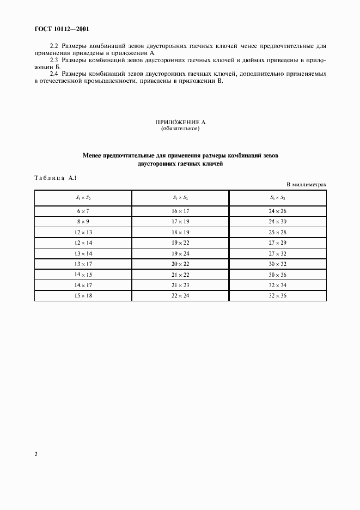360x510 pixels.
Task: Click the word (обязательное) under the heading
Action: pos(180,129)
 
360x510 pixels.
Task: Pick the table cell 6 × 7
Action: pos(82,210)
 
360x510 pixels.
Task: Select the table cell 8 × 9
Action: pos(82,221)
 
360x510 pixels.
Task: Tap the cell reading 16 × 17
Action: pos(180,210)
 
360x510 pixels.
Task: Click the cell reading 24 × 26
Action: pos(278,210)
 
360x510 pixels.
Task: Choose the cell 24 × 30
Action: pos(278,221)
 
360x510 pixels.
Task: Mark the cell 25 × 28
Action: pos(278,232)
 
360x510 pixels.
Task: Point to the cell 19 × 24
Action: pos(180,253)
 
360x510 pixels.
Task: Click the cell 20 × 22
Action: pos(180,264)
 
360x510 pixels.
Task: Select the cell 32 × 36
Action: pos(278,296)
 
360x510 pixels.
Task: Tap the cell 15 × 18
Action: pos(82,296)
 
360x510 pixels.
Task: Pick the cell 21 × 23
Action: pos(180,286)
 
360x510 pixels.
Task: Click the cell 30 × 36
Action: pos(278,275)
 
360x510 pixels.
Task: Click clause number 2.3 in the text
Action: pos(54,59)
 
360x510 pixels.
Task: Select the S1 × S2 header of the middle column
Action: pos(180,198)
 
